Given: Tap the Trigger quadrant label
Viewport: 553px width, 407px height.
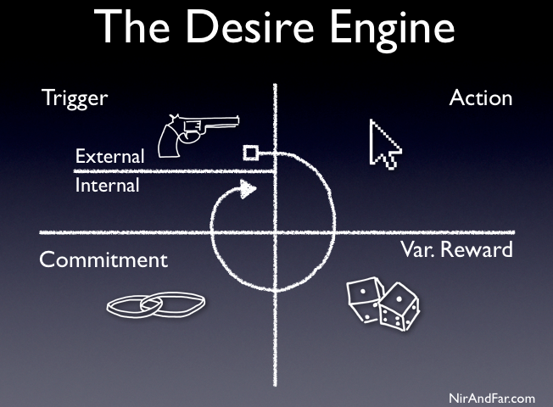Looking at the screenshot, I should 75,98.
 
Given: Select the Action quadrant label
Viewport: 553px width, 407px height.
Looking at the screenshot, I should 481,98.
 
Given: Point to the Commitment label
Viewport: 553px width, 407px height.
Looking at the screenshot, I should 103,259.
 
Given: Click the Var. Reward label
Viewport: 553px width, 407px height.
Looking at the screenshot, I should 456,250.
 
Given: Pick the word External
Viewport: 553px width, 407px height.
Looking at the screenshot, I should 109,156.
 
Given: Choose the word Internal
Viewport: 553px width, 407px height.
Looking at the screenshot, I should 107,184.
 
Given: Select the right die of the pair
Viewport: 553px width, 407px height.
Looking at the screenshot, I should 396,307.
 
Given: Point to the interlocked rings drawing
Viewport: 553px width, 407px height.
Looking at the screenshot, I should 155,304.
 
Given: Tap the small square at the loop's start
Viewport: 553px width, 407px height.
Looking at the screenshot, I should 250,153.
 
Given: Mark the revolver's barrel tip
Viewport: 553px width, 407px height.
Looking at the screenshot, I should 237,121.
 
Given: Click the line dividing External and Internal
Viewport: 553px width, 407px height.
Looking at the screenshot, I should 170,170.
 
